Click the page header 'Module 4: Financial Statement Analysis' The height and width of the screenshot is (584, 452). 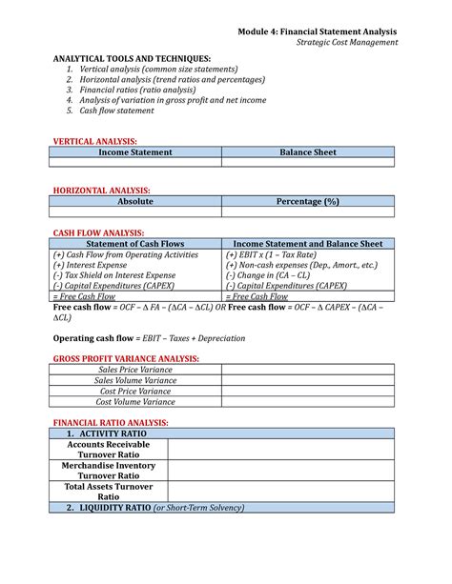318,31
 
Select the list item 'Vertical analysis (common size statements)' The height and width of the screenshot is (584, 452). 159,70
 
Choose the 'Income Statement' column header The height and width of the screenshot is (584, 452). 135,151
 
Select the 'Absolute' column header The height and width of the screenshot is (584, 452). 135,202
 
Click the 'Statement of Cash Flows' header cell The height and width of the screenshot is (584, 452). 135,244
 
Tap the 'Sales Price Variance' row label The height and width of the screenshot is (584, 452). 135,369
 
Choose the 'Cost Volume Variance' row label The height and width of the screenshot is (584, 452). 135,401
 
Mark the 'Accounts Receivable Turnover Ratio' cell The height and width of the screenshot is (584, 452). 109,449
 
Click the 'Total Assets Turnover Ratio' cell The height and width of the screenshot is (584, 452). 109,491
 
